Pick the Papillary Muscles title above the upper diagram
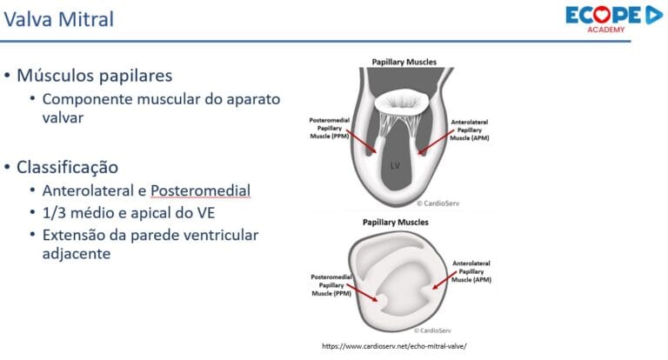pyautogui.click(x=404, y=63)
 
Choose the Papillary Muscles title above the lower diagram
pyautogui.click(x=404, y=222)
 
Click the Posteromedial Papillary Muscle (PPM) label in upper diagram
pyautogui.click(x=332, y=130)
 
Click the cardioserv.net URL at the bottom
pyautogui.click(x=394, y=345)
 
